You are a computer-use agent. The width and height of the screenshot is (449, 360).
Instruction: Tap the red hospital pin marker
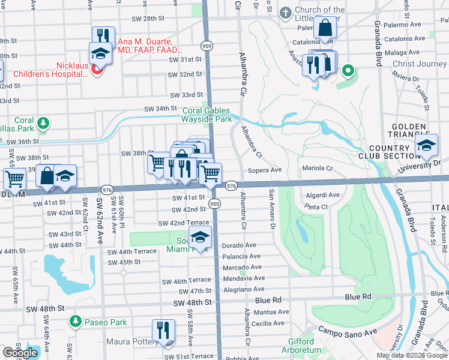tap(97, 71)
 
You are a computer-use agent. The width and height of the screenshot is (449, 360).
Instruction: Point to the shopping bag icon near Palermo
tap(325, 28)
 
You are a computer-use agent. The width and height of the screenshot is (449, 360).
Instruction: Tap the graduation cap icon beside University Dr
tap(427, 146)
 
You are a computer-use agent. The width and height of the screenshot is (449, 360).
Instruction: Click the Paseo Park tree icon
tap(75, 322)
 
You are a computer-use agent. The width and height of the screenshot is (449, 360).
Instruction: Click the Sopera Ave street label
tap(265, 170)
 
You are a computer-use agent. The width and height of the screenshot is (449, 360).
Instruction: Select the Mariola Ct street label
tap(318, 169)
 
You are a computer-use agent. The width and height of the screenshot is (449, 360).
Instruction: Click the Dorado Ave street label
tap(239, 245)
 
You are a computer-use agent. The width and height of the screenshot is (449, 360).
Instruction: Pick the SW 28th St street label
tap(146, 19)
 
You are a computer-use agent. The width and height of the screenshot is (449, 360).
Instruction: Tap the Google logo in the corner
tap(20, 352)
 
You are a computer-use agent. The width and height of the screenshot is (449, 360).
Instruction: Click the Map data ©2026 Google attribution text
tap(411, 355)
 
